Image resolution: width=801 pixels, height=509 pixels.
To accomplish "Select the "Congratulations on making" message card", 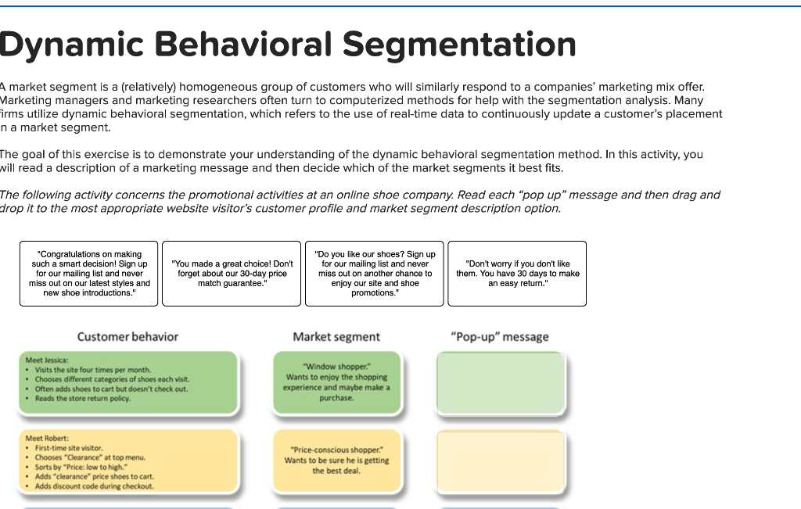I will pos(88,274).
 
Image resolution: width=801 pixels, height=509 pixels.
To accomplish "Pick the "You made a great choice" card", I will pos(232,274).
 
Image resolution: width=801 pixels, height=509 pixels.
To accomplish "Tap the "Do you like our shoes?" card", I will pos(375,274).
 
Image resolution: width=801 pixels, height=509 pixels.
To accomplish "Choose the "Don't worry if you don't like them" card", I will pos(517,274).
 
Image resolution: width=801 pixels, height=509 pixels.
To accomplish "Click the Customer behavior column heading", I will pos(128,337).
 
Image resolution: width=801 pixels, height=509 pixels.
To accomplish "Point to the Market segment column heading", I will pos(336,337).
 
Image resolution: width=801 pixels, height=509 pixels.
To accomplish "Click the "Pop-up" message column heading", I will pos(500,337).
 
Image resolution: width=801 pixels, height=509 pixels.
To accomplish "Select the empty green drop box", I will pos(501,383).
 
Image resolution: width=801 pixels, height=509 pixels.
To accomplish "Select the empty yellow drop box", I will pos(501,462).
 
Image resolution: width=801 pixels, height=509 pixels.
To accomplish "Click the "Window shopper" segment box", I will pos(336,382).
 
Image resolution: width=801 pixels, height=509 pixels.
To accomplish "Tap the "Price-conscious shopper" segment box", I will pos(336,461).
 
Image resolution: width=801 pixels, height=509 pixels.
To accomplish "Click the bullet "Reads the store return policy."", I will pos(83,399).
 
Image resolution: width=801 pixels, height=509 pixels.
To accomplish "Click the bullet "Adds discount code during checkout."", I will pos(94,486).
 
